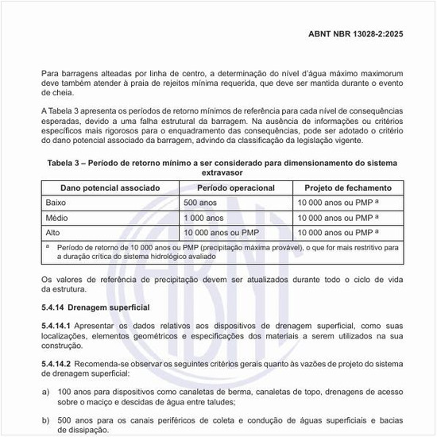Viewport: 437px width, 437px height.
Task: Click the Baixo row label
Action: tap(59, 203)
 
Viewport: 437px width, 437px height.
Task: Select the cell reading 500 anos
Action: tap(200, 203)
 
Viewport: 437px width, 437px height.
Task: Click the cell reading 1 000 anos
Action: tap(203, 217)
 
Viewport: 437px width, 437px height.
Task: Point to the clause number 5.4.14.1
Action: tap(56, 326)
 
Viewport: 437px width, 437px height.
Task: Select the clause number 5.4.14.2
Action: tap(56, 363)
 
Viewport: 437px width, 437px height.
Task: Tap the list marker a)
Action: tap(45, 391)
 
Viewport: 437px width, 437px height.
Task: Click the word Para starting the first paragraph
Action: tap(50, 73)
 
